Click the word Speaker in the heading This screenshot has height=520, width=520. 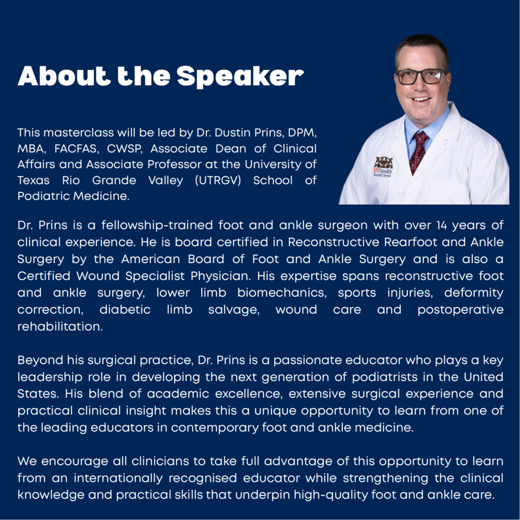coord(240,77)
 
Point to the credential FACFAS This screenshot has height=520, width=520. coord(77,149)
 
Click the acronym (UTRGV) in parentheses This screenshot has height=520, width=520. coord(218,180)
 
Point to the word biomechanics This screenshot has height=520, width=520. coord(282,293)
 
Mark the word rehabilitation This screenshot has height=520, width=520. coord(60,327)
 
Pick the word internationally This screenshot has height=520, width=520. coord(118,478)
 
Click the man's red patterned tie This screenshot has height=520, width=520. coord(418,151)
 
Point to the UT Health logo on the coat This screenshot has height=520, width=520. coord(383,167)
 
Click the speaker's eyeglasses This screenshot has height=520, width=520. coord(421,77)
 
